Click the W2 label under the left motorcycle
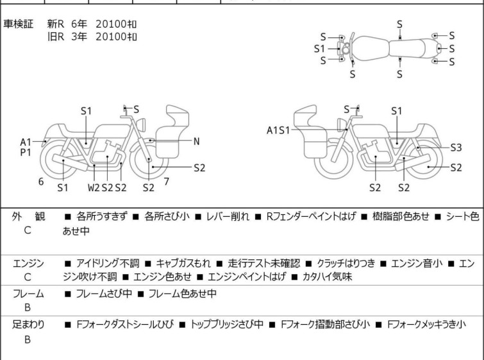point(94,187)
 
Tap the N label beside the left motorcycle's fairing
point(197,142)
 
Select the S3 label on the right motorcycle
point(456,148)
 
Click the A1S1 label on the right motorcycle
point(278,130)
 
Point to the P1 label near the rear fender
point(26,152)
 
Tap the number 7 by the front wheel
point(167,182)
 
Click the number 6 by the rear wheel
point(41,182)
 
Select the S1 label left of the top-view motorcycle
point(319,49)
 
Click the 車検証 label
point(18,24)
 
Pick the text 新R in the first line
point(56,24)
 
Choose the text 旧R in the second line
point(56,37)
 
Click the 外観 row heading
point(28,216)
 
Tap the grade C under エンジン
point(28,277)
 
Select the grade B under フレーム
point(28,307)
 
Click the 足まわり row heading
point(28,324)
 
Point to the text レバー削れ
point(228,216)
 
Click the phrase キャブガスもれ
point(183,263)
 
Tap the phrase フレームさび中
point(104,293)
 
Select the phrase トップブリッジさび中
point(227,324)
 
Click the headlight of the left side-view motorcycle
point(141,124)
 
